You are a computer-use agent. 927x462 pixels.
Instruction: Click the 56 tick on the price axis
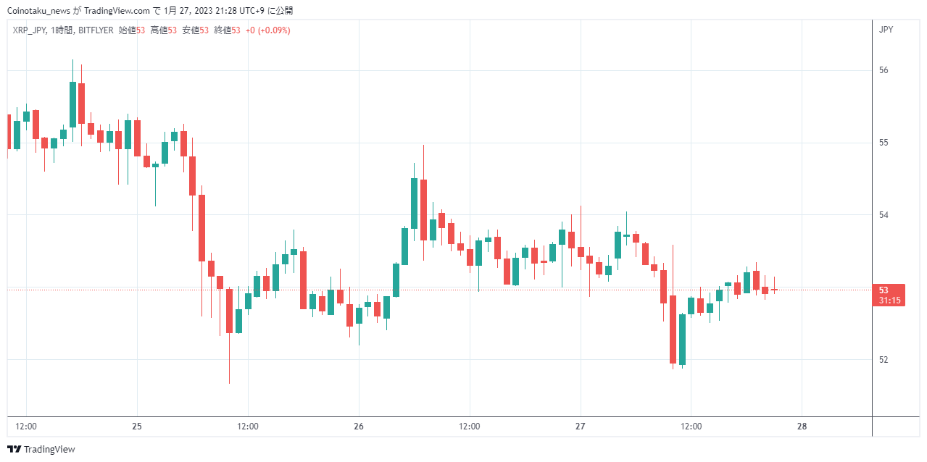(x=884, y=70)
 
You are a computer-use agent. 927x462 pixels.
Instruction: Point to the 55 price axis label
(x=884, y=143)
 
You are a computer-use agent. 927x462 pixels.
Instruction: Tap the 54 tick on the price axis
(x=884, y=215)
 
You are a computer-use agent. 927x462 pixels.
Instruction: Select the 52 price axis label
(x=884, y=360)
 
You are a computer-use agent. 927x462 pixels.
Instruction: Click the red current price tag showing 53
(x=889, y=295)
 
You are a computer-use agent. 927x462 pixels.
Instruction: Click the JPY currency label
(x=886, y=30)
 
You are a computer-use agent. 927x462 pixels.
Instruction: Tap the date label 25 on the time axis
(x=137, y=427)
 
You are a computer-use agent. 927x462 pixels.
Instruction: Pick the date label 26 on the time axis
(x=359, y=427)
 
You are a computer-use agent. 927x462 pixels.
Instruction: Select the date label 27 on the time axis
(x=581, y=427)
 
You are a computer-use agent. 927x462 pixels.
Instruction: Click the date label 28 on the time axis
(x=802, y=427)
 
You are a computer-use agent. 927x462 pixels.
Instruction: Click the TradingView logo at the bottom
(x=41, y=449)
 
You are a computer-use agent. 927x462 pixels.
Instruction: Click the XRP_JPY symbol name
(x=30, y=30)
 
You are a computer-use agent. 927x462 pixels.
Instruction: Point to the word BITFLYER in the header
(x=96, y=30)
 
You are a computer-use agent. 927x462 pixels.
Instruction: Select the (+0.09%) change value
(x=274, y=30)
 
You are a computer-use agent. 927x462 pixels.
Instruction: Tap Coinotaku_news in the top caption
(x=39, y=11)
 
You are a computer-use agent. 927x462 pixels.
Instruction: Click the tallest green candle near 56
(x=72, y=104)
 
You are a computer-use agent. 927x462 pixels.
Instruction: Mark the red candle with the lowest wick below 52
(x=229, y=336)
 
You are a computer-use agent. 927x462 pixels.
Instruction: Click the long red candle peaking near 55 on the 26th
(x=423, y=210)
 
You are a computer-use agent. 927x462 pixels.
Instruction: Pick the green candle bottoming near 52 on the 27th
(x=683, y=340)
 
